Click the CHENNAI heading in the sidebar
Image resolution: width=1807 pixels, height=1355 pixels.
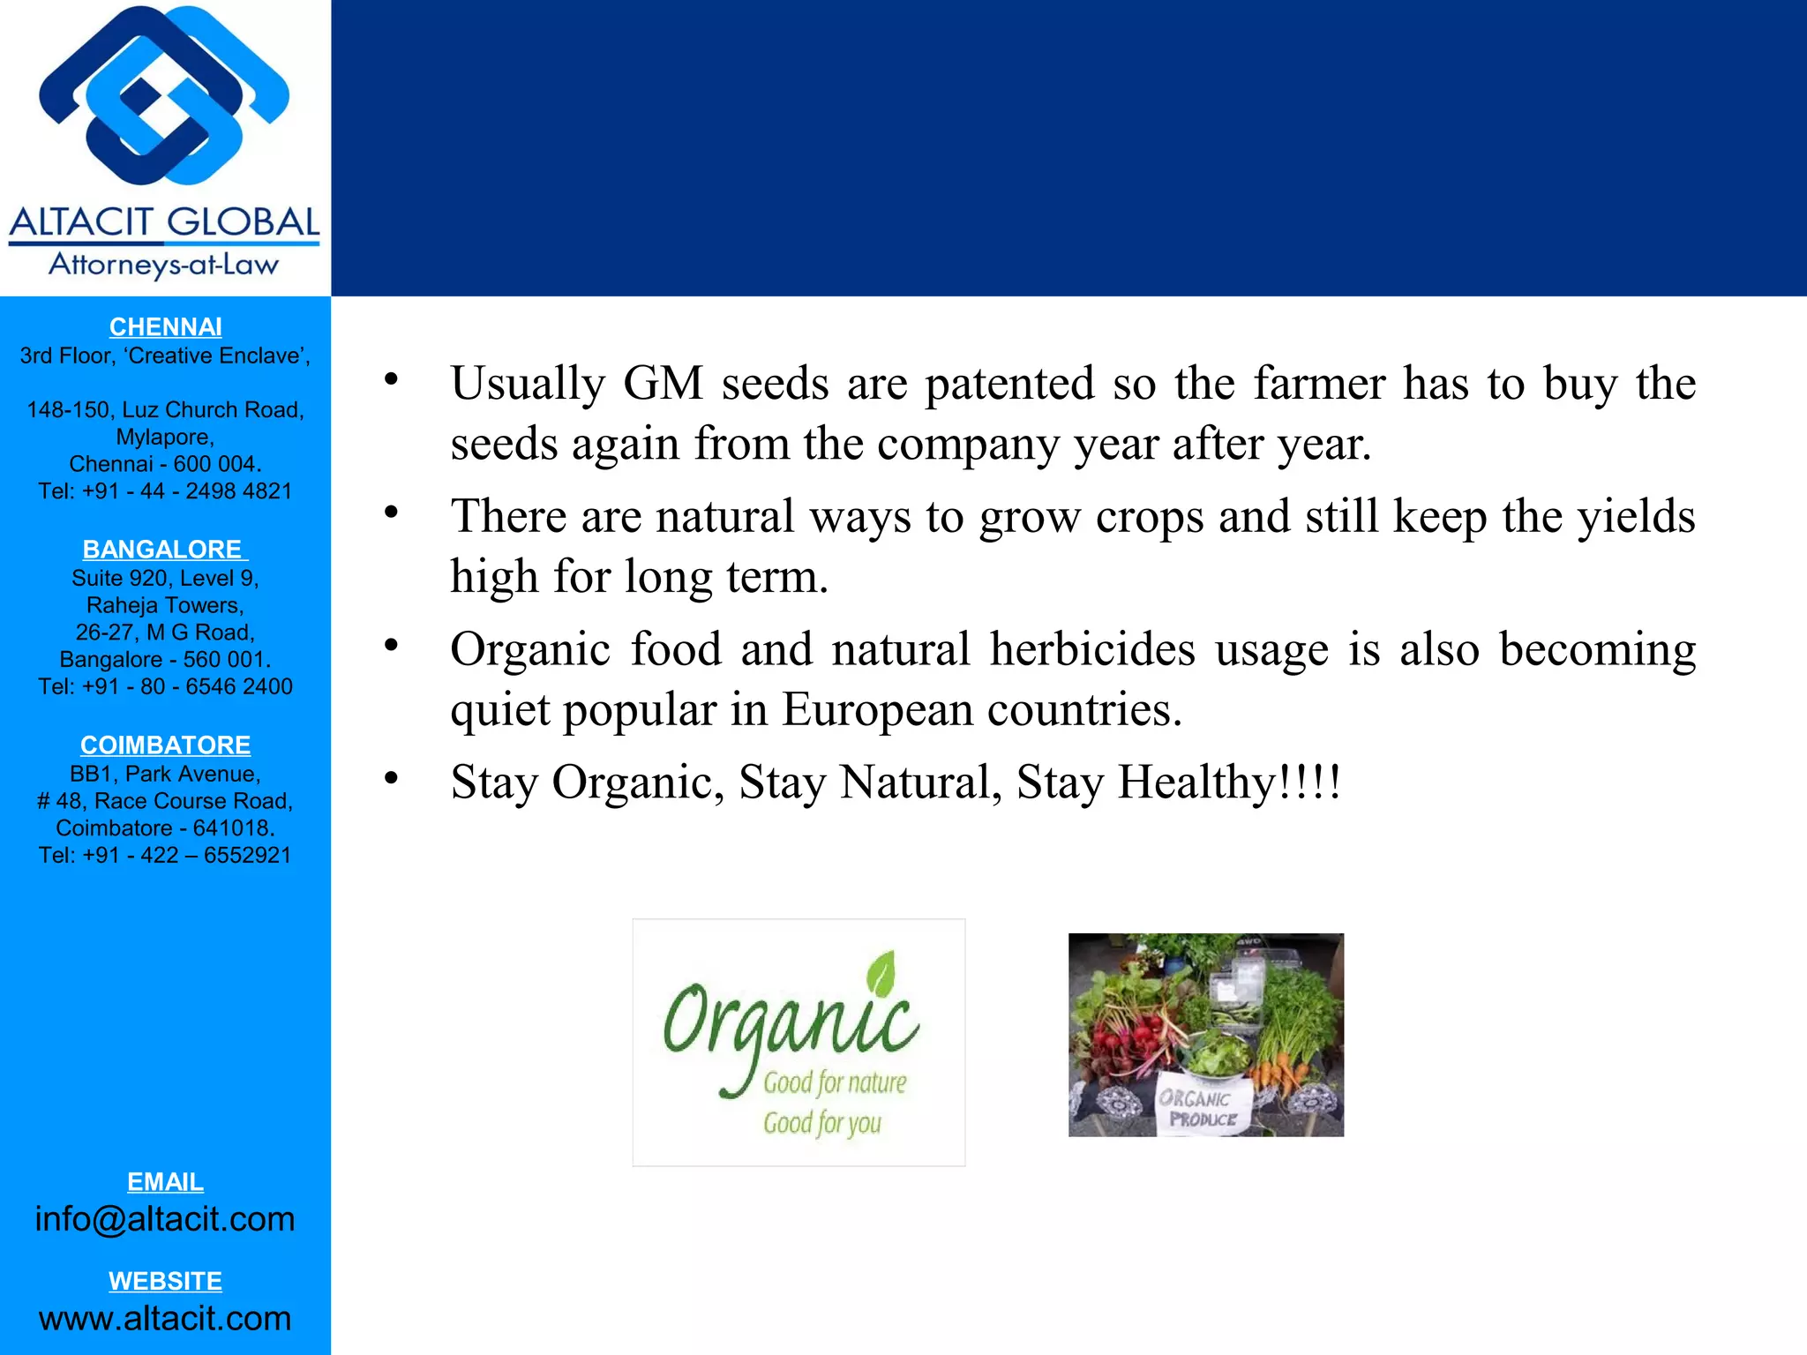click(165, 327)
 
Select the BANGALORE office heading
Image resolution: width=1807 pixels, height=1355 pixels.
click(165, 550)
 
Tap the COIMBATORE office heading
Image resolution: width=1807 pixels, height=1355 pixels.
click(165, 745)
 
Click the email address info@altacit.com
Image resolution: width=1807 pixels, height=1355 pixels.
click(165, 1219)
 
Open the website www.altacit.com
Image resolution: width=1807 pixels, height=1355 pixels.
click(165, 1319)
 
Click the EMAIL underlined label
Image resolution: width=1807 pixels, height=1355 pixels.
click(165, 1182)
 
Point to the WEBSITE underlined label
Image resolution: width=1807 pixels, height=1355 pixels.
click(165, 1281)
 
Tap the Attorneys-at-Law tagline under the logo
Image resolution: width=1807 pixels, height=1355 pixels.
click(164, 265)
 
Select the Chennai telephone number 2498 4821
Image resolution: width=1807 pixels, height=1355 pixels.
click(238, 491)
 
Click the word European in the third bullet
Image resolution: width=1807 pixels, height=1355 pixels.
click(877, 710)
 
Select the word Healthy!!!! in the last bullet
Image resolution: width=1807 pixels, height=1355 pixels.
click(1229, 782)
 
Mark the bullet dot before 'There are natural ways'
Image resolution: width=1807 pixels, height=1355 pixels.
click(391, 513)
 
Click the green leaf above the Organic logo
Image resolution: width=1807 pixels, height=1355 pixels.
click(881, 973)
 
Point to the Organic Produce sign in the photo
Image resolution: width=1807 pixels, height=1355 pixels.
click(1202, 1108)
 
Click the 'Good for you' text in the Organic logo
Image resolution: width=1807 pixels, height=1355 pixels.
click(822, 1123)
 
